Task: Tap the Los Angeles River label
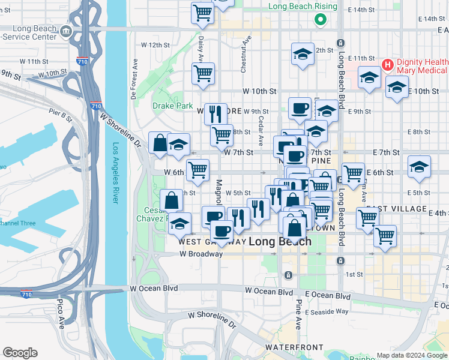tap(115, 173)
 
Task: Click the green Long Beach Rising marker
tap(321, 19)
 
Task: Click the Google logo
tap(20, 353)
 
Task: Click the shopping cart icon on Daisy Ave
tap(203, 73)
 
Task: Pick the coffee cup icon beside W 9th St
tap(300, 108)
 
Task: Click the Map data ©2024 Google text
tap(411, 355)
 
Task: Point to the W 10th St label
tap(259, 91)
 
